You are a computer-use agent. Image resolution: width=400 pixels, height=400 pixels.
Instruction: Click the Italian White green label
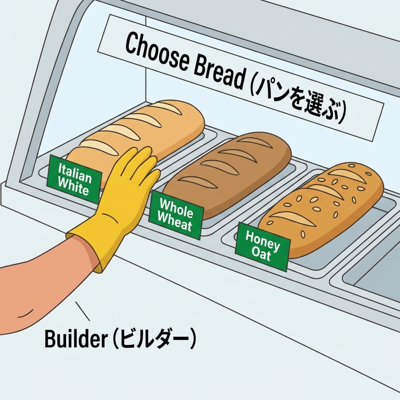tap(73, 179)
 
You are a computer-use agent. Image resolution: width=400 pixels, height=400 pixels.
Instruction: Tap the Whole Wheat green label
tap(176, 214)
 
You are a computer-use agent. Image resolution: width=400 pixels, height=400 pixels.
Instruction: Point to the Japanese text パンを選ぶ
tap(297, 102)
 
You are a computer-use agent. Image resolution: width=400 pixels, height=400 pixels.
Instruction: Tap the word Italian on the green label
tap(75, 172)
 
